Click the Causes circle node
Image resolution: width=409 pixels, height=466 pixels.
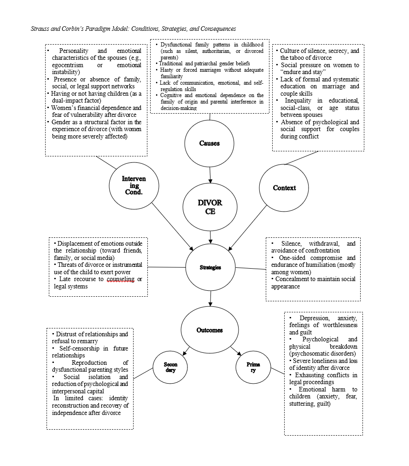pyautogui.click(x=210, y=143)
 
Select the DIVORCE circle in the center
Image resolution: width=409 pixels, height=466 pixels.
pyautogui.click(x=210, y=207)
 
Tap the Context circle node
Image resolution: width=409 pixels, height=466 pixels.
pyautogui.click(x=284, y=188)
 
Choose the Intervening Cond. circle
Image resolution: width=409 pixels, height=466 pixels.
pyautogui.click(x=134, y=185)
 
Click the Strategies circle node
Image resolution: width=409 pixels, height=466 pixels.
pyautogui.click(x=210, y=267)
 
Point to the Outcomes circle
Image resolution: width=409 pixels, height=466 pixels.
pyautogui.click(x=210, y=330)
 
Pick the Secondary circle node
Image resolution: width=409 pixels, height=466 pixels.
pyautogui.click(x=170, y=367)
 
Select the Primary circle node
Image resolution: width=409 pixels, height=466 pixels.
pyautogui.click(x=253, y=367)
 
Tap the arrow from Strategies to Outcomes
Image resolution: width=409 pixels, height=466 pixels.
pyautogui.click(x=210, y=298)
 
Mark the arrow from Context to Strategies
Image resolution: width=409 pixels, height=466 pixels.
pyautogui.click(x=249, y=225)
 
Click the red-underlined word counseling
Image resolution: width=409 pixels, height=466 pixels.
pyautogui.click(x=121, y=279)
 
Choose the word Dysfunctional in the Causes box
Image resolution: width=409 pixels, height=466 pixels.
pyautogui.click(x=175, y=45)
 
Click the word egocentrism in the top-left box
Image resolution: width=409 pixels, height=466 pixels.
pyautogui.click(x=69, y=65)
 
